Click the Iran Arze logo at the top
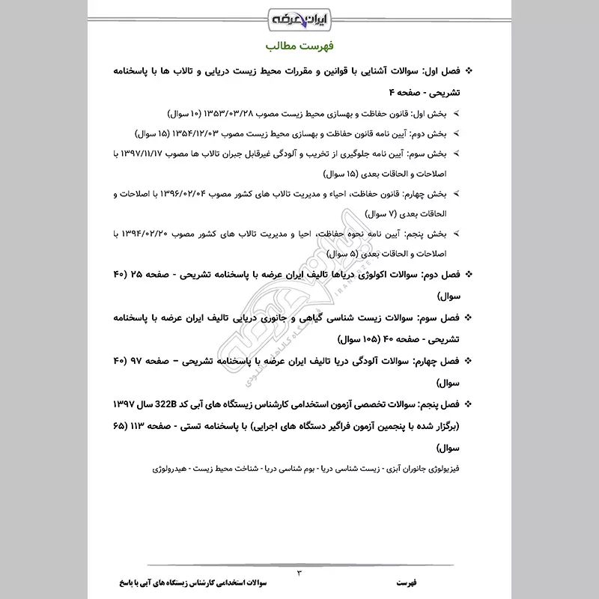pyautogui.click(x=299, y=16)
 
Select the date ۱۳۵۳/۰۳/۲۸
pyautogui.click(x=232, y=114)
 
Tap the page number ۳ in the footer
pyautogui.click(x=299, y=573)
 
